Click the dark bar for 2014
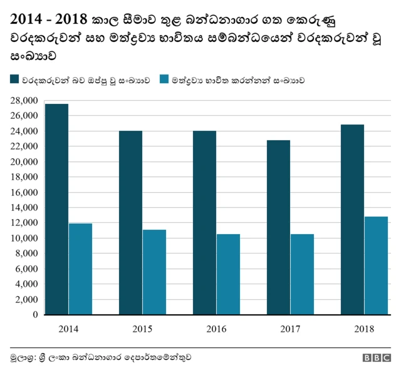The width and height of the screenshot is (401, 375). tap(56, 209)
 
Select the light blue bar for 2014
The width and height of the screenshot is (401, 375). tap(80, 269)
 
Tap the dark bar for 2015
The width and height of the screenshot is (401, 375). tap(130, 222)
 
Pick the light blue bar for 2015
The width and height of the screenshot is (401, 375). tap(154, 272)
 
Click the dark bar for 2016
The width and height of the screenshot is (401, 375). tap(204, 222)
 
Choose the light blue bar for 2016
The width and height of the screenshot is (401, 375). tap(228, 274)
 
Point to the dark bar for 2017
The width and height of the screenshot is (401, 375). tap(278, 227)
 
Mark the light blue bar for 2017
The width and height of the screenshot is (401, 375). tap(302, 274)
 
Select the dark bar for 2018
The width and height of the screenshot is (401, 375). tap(352, 219)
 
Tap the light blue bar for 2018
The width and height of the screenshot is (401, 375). tap(376, 265)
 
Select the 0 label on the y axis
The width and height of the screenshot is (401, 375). tap(36, 315)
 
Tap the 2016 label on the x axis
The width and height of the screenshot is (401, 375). tap(216, 329)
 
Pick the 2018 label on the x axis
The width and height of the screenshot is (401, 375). tap(364, 329)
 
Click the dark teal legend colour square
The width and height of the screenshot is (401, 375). tap(14, 80)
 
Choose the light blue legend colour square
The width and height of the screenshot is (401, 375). tap(164, 80)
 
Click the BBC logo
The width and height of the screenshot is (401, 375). tap(376, 357)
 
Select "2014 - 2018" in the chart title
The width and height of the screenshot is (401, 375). tap(48, 19)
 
